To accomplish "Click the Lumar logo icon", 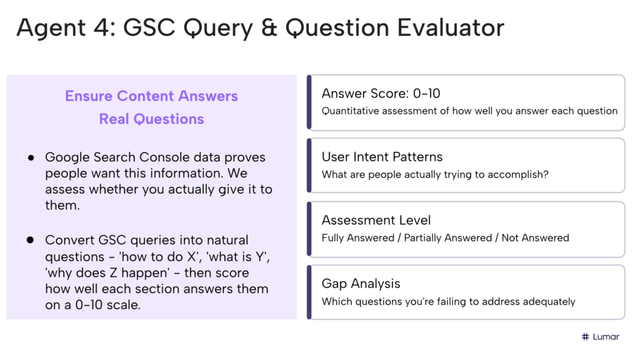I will [585, 336].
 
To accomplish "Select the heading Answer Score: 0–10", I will [381, 94].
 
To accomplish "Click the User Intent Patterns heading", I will [382, 157].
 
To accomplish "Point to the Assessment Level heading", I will [376, 220].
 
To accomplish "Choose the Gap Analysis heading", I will [361, 284].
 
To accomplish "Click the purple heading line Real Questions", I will [152, 119].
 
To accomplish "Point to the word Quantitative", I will [351, 111].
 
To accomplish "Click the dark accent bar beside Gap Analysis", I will [309, 292].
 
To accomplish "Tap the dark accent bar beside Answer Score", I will [309, 102].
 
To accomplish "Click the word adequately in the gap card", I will [548, 302].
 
